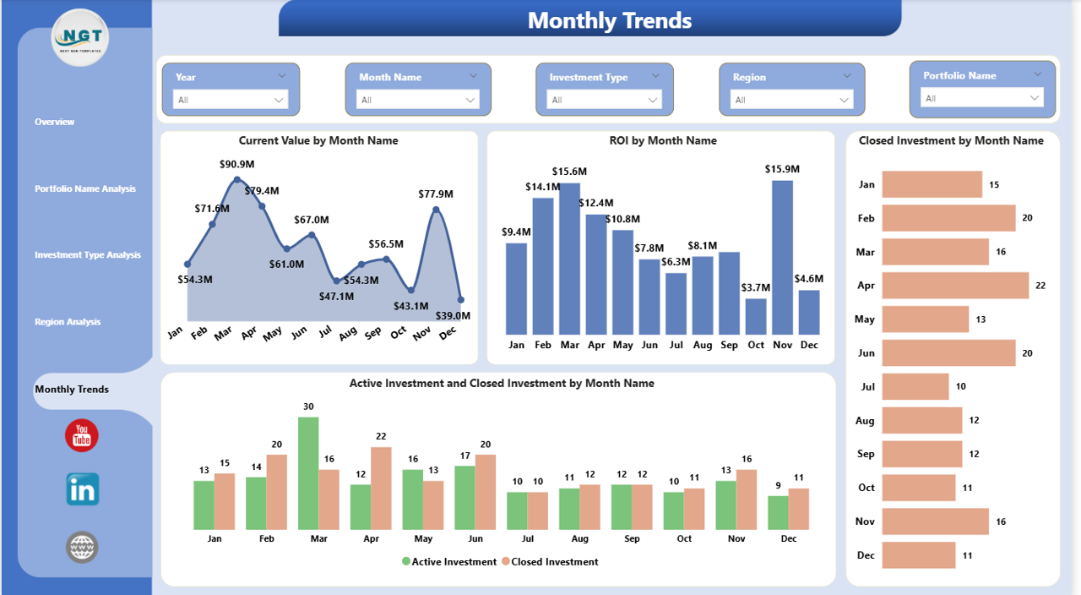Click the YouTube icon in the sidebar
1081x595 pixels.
(x=82, y=435)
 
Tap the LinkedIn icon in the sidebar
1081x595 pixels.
(x=82, y=489)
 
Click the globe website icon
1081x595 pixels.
(x=82, y=547)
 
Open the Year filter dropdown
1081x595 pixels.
(x=231, y=100)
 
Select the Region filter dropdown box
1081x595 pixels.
(x=791, y=100)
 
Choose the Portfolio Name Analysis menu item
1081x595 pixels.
(x=85, y=188)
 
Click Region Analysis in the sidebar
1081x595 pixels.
(x=68, y=322)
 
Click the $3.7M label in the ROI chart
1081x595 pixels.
(x=756, y=288)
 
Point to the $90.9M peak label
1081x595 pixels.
(x=236, y=163)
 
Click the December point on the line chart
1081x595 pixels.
(x=460, y=299)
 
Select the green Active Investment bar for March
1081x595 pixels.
(x=308, y=473)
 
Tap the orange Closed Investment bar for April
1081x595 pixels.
(x=381, y=489)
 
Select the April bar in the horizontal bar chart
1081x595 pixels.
(x=954, y=286)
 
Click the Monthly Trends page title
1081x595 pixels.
(x=609, y=20)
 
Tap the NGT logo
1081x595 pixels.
(x=80, y=37)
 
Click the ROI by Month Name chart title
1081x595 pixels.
(x=662, y=141)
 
